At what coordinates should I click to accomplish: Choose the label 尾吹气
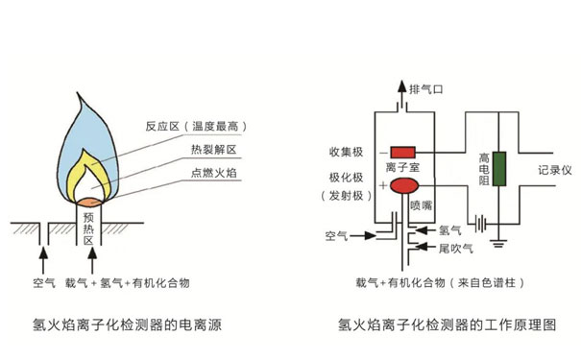pos(455,249)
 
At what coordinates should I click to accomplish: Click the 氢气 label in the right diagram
pos(449,230)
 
